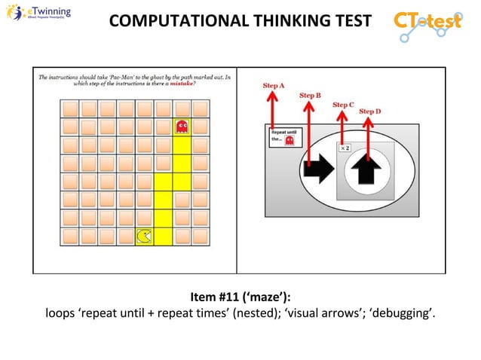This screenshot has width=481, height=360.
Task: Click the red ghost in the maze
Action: coord(181,126)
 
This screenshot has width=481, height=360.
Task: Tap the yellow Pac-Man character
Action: coord(143,236)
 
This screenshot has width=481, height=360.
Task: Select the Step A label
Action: coord(273,86)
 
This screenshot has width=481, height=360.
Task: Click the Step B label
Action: coord(310,96)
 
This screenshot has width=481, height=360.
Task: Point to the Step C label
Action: coord(343,105)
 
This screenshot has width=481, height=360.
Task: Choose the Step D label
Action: coord(369,111)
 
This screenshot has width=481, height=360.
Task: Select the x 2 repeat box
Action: coord(344,148)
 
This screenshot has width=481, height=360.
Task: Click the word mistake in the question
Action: coord(179,84)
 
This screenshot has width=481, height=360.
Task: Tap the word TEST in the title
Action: coord(351,22)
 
